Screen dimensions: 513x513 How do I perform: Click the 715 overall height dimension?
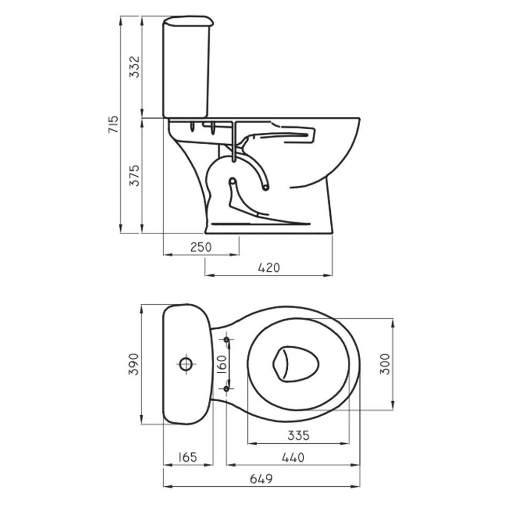pos(113,124)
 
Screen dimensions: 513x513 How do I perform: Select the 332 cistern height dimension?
pos(134,67)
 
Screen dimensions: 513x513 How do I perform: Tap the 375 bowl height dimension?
pos(134,175)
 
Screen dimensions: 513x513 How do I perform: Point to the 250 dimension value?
pos(201,247)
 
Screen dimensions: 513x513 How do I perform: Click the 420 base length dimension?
pos(269,268)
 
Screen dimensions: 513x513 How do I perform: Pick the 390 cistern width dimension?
pos(133,364)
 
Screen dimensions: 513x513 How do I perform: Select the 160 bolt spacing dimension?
pos(222,364)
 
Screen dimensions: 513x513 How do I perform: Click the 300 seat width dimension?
pos(385,364)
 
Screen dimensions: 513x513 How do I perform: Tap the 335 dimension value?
pos(299,436)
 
